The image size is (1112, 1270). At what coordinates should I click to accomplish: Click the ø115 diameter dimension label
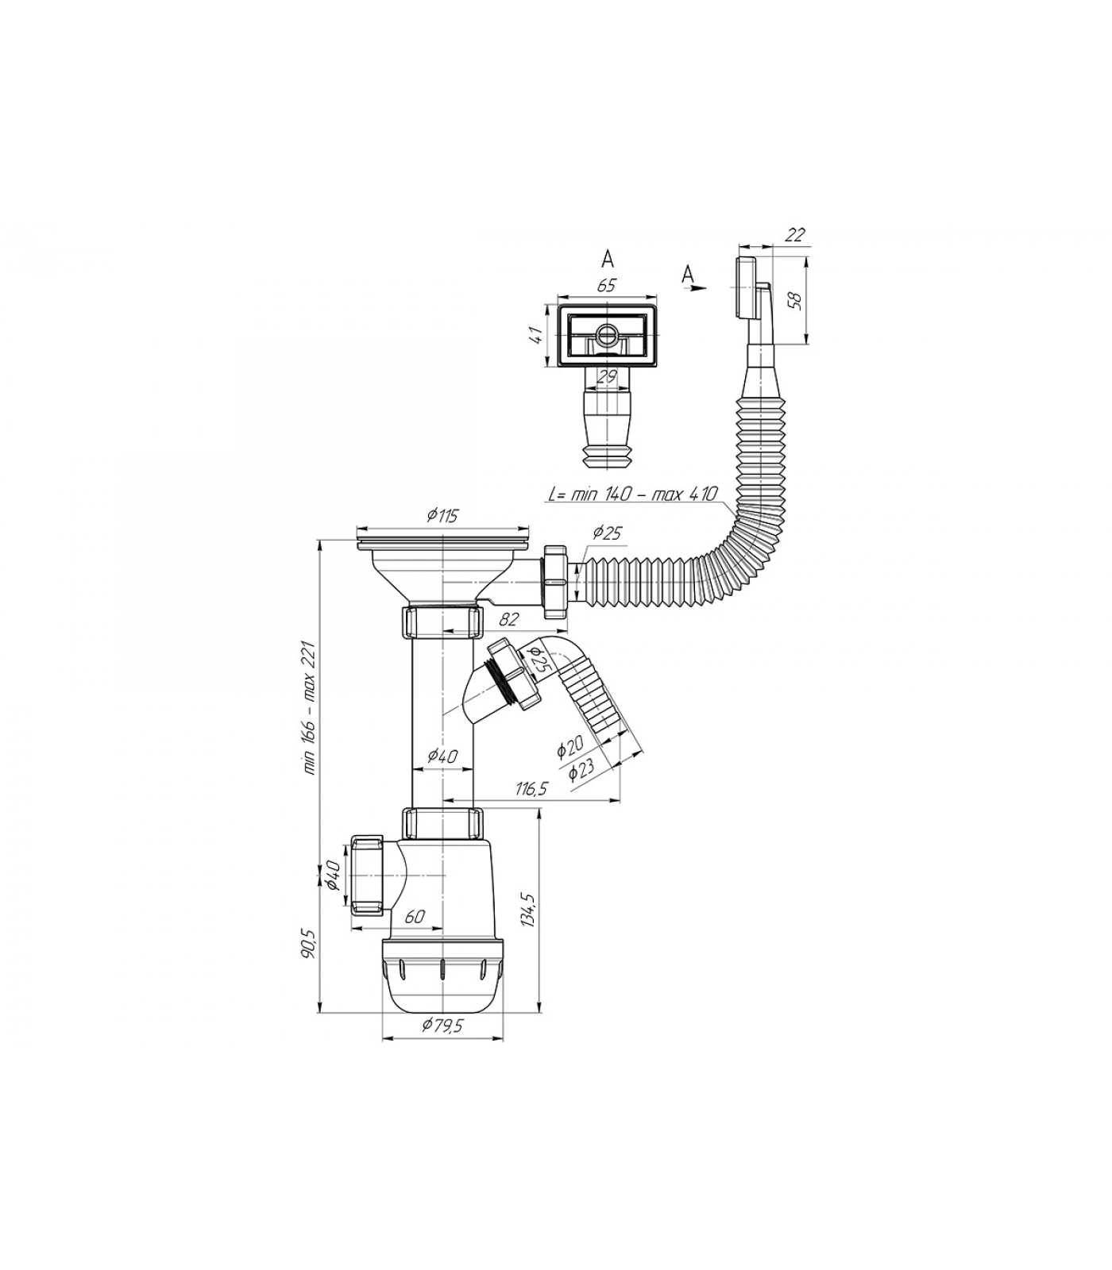442,516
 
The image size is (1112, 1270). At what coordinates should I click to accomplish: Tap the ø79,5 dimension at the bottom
442,1025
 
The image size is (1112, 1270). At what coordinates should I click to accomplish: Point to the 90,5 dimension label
310,944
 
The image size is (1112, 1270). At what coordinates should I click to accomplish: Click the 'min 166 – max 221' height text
310,708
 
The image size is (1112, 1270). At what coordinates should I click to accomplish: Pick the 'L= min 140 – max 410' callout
632,494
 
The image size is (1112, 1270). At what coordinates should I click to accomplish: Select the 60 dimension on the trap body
415,916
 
